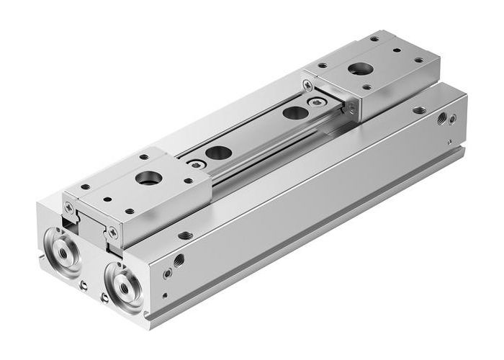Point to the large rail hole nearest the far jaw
[292, 112]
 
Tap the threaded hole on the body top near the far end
[419, 112]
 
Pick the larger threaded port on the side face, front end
[178, 259]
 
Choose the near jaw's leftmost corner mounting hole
[85, 188]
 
